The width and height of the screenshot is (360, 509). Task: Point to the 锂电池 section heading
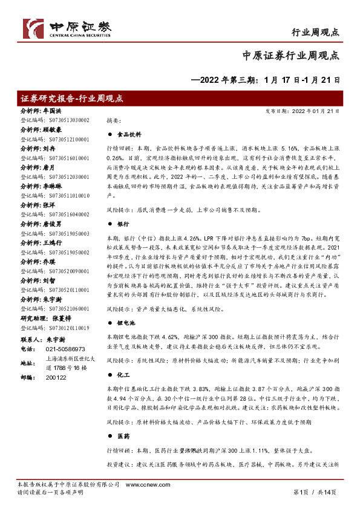125,324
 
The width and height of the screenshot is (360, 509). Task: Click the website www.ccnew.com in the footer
142,485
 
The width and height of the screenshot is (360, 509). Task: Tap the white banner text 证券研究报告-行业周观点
73,98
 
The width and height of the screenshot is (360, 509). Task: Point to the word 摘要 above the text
114,120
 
